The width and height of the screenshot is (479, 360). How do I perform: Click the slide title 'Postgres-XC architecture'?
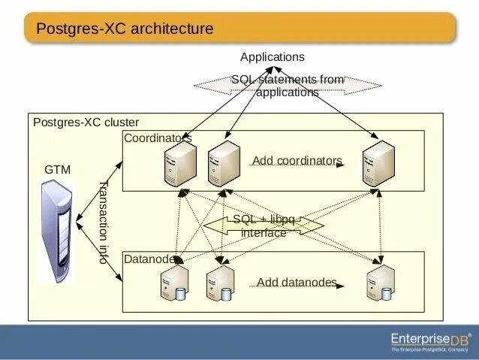tap(125, 29)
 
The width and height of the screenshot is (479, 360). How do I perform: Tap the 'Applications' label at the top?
tap(273, 57)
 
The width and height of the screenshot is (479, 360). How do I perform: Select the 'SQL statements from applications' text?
tap(287, 86)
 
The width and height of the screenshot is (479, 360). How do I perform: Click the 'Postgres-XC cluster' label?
tap(86, 123)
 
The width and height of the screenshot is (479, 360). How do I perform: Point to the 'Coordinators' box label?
tap(158, 138)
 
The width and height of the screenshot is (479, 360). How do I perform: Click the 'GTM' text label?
tap(58, 170)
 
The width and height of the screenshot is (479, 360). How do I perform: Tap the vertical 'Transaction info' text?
tap(104, 222)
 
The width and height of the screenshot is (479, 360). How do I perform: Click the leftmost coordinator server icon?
tap(180, 163)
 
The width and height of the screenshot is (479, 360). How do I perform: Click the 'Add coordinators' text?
tap(297, 161)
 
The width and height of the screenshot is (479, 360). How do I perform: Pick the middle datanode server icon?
tap(220, 283)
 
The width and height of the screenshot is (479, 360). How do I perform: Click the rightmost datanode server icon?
tap(380, 283)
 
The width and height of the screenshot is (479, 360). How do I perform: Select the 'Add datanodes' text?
tap(297, 283)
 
